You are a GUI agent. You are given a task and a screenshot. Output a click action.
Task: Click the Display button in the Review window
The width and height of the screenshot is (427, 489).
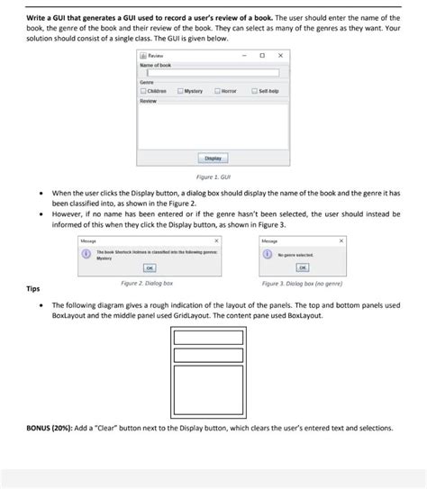213,158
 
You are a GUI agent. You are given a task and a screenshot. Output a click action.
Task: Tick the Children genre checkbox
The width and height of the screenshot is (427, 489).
143,91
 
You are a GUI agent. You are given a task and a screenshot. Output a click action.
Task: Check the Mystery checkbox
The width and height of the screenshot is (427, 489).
181,91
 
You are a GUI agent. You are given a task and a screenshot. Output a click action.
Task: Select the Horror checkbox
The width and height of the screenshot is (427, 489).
219,91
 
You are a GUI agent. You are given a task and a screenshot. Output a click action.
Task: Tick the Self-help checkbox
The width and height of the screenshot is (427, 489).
256,91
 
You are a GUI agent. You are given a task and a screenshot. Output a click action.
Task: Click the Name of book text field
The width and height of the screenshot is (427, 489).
213,73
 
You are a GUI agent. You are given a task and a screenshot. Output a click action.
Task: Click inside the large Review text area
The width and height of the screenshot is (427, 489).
213,126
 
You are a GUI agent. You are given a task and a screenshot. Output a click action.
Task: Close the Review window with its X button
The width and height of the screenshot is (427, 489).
280,56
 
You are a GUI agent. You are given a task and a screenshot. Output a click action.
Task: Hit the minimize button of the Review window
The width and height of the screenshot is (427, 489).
244,56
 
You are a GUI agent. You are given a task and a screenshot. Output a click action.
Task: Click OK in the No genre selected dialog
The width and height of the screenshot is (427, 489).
303,267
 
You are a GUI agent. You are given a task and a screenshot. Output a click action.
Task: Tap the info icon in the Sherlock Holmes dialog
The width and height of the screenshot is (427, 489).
86,255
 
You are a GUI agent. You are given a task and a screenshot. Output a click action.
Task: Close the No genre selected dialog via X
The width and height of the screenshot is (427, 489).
341,241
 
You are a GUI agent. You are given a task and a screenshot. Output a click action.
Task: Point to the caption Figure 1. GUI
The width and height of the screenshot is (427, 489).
213,177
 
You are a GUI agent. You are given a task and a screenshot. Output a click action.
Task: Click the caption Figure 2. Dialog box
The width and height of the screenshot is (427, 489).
147,282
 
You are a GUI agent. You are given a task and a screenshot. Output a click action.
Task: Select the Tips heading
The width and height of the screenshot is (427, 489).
32,289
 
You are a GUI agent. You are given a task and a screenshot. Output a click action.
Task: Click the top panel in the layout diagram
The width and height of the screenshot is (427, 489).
213,340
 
